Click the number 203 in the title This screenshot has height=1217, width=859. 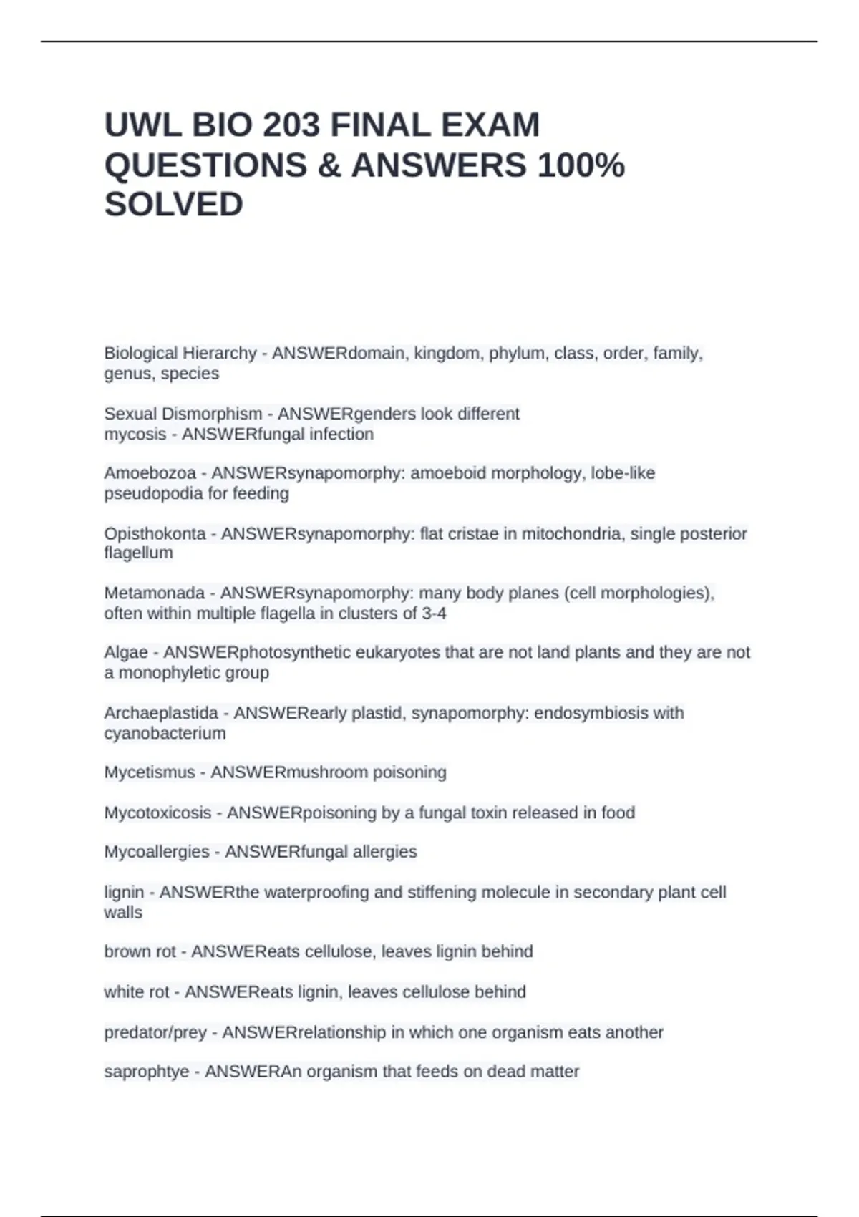291,125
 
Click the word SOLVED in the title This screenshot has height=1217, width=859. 174,205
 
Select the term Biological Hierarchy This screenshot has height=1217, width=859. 180,353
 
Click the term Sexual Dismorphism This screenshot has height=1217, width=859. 183,414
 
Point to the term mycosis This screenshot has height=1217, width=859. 135,434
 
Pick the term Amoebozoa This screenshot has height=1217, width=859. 150,473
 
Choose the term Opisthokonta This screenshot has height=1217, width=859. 155,533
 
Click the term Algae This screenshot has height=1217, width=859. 126,652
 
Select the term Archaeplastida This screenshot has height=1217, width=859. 161,713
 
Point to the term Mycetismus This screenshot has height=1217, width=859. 150,772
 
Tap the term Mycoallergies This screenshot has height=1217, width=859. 157,852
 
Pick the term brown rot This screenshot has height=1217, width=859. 140,951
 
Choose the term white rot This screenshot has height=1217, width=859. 137,991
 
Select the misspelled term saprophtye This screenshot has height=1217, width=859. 147,1072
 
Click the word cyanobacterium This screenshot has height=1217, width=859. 165,733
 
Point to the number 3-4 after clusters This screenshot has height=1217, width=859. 434,614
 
